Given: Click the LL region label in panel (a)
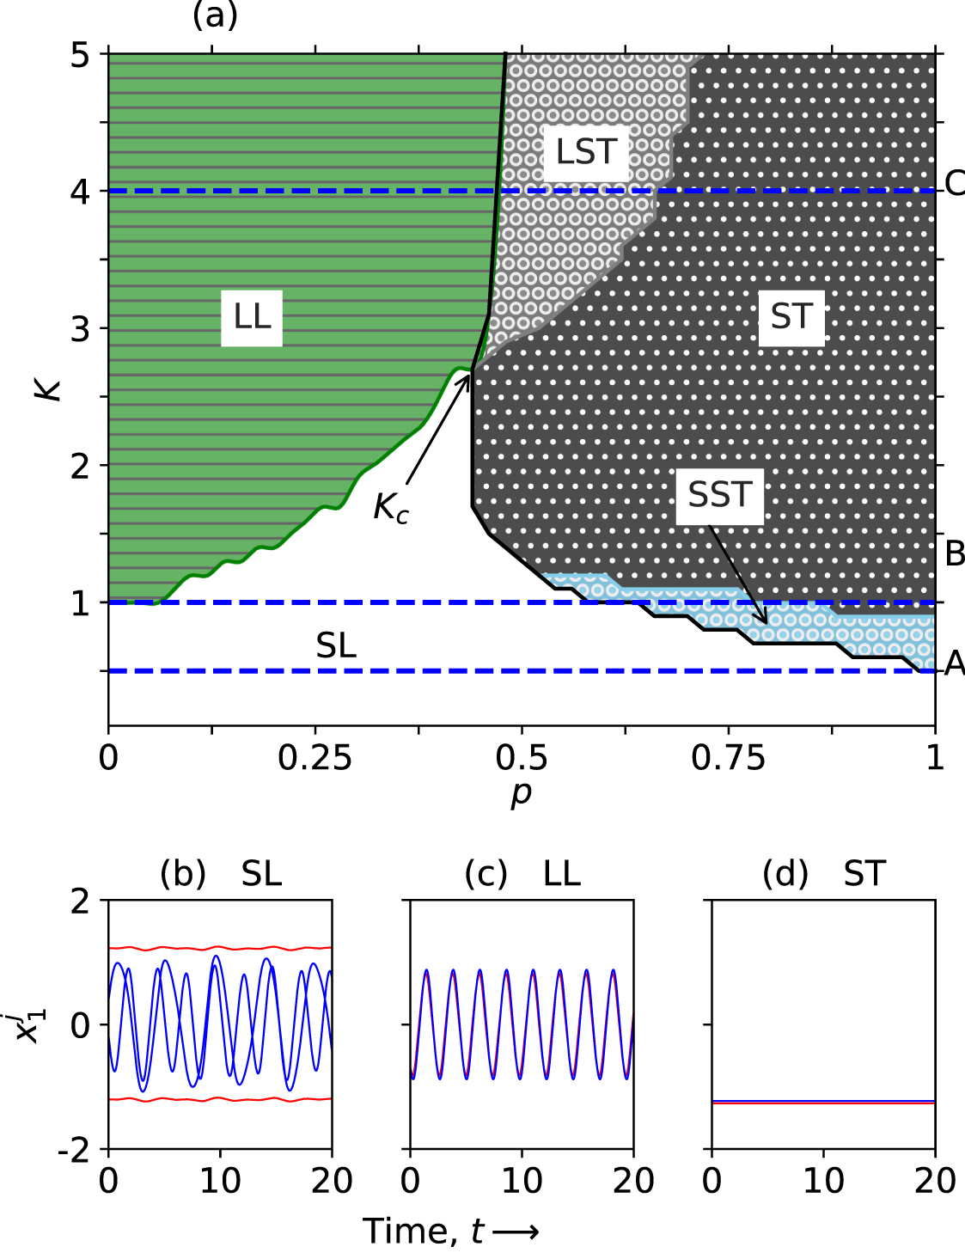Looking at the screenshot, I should coord(252,317).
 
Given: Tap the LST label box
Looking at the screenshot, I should coord(586,152).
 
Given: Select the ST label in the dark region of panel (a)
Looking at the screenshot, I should coord(791,317).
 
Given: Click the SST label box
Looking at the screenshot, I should coord(720,496).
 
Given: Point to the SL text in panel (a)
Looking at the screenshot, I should coord(336,646).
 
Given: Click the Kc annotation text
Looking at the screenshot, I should coord(391,508).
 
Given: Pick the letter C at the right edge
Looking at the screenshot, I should coord(954,184).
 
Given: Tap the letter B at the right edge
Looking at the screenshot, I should coord(954,555).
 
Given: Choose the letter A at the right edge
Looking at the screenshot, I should coord(954,664).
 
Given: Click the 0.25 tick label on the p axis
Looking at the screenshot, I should coord(315,758).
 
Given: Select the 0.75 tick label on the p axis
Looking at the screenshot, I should coord(728,758).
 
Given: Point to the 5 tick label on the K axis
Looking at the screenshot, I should coord(80,56).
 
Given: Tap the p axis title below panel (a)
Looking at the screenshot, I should coord(521,795).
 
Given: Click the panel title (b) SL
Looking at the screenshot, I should coord(221,875).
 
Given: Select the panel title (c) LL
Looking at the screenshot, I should coord(522,875).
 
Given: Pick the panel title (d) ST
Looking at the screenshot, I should coord(823,875).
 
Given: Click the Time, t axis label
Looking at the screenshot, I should coord(451,1231).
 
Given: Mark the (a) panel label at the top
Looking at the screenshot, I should coord(215,15).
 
